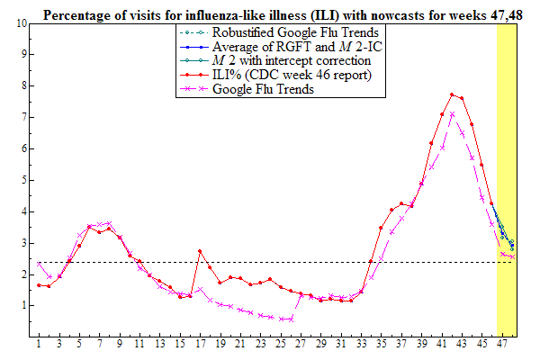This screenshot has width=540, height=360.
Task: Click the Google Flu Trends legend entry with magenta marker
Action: pos(262,90)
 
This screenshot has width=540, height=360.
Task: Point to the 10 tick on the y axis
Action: pos(22,22)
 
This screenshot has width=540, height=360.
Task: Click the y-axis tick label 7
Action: pos(22,117)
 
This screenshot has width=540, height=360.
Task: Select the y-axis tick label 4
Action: pos(22,211)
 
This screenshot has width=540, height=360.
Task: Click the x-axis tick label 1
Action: pos(39,345)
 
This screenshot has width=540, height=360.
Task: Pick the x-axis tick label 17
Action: pos(200,345)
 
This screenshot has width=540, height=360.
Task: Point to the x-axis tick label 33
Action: pos(361,345)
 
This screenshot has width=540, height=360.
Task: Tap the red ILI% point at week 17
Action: pos(200,251)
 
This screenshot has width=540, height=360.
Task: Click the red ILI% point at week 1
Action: pos(39,285)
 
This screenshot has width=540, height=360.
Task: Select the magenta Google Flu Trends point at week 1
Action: pos(39,264)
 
